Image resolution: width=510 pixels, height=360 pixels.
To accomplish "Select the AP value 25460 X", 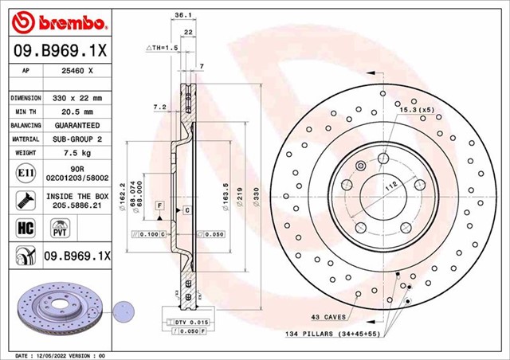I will point(77,71).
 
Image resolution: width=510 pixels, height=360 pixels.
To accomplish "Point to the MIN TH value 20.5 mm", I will point(78,112).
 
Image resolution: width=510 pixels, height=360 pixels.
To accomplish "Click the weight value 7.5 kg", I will point(78,152).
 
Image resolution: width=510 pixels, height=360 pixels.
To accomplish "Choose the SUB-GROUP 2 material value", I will point(78,139).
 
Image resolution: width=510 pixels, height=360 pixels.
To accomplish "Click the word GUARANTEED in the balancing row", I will point(78,125).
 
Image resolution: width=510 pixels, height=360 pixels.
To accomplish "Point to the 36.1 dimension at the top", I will point(182,14).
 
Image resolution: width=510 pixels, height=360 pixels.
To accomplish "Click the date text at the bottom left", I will point(61,355).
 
